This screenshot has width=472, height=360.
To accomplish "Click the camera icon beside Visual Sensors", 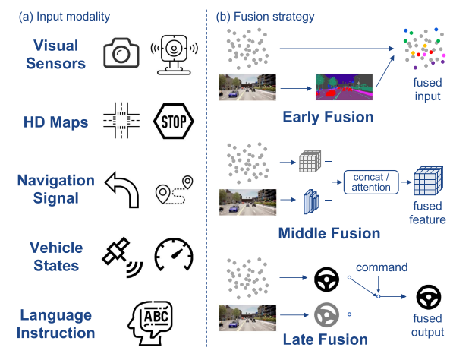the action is tap(121, 52).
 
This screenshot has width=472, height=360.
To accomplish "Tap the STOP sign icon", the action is tap(173, 121).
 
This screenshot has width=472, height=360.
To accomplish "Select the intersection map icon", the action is tap(121, 121).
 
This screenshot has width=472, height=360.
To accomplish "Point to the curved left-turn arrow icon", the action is tap(122, 190).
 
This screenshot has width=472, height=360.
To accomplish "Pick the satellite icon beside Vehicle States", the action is tap(122, 257).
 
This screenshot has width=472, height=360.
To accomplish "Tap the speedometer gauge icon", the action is tap(174, 254).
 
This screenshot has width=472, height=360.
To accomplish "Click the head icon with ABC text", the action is tap(150, 323).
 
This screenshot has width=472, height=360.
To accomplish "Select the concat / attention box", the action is tap(371, 182).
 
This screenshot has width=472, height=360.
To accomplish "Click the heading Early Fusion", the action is tap(328, 117).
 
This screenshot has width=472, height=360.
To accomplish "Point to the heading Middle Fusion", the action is tap(329, 233).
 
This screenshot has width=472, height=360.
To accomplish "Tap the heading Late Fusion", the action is tap(326, 339).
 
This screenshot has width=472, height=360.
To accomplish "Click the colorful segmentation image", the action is tap(344, 87).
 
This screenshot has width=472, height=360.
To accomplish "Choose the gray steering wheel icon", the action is tap(326, 315).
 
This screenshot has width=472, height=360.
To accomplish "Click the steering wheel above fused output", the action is tap(429, 297).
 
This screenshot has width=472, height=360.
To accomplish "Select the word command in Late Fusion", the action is tap(382, 267).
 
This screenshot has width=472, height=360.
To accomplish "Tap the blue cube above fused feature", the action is tap(428, 181).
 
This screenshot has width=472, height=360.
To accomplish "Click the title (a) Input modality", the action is tap(64, 17).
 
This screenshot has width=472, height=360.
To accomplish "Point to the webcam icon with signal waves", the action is tap(174, 55).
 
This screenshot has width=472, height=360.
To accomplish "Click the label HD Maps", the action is tap(55, 122).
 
